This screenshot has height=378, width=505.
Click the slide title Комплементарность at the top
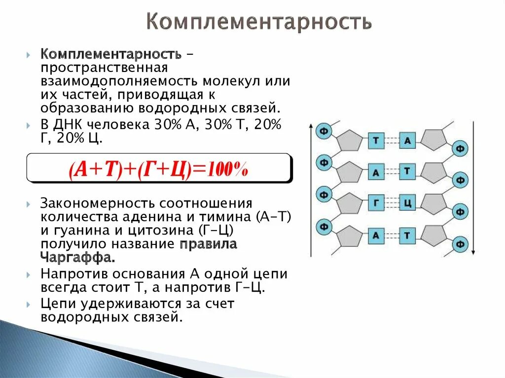[x=258, y=22]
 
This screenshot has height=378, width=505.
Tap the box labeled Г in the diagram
[x=376, y=204]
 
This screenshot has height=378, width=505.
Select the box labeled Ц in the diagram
[x=407, y=204]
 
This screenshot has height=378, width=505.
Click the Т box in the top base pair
[x=376, y=141]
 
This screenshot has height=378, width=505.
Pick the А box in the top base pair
[x=407, y=141]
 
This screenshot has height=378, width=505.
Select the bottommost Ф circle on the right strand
[x=460, y=244]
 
